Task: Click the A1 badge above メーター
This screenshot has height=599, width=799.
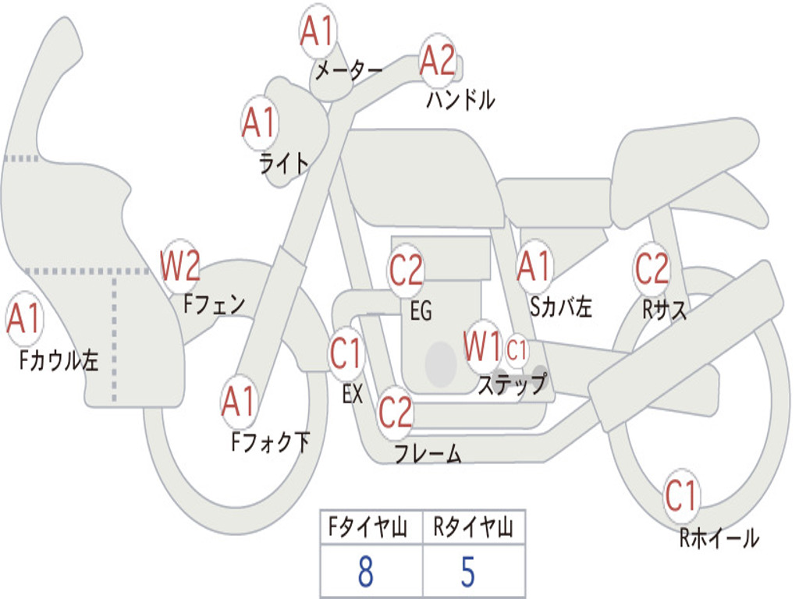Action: (x=318, y=32)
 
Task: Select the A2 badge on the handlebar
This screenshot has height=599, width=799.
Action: (x=437, y=60)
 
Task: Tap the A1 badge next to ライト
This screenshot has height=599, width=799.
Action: (x=260, y=122)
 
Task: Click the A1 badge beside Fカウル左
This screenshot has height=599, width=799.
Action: (x=23, y=319)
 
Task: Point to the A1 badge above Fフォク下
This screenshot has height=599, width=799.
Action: (x=238, y=402)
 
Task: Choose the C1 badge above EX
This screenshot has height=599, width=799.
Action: (x=346, y=355)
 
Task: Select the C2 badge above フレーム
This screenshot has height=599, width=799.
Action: (x=395, y=411)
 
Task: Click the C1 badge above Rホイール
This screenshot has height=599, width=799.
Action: (x=681, y=496)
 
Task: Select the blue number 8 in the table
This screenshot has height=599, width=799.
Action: (x=365, y=572)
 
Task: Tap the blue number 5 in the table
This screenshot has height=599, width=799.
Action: (x=467, y=572)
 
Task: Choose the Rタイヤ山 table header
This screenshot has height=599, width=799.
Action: (x=473, y=529)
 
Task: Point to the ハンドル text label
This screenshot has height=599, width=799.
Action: (x=460, y=100)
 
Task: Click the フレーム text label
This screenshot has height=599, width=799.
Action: (x=428, y=453)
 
